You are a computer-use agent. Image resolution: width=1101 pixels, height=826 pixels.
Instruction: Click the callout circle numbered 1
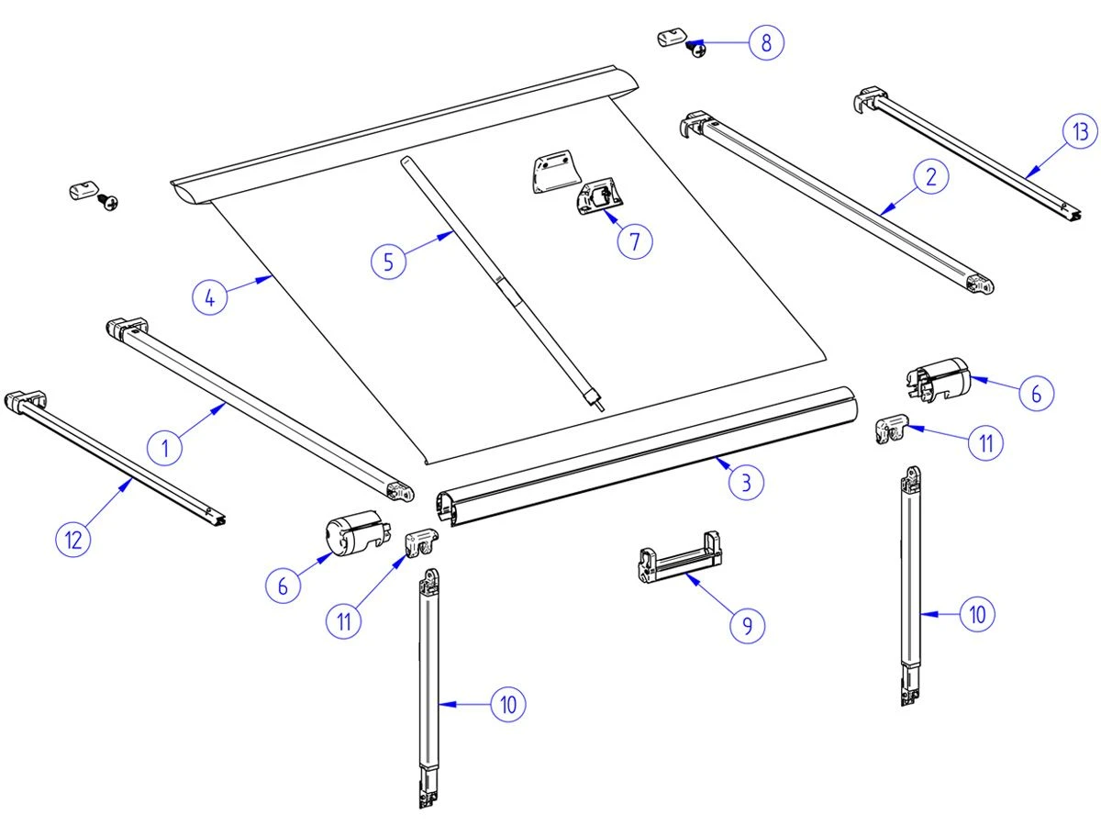166,448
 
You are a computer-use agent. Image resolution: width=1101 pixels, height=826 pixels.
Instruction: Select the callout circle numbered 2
930,178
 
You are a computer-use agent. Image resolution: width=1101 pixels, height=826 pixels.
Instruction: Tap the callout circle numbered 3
747,482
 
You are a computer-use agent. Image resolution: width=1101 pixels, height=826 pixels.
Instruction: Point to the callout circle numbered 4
211,298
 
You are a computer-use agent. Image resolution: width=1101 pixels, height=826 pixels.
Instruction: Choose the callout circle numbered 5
389,262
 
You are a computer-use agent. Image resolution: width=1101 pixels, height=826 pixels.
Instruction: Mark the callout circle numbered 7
634,240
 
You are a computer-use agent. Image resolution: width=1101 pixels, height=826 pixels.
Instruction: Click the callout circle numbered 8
766,43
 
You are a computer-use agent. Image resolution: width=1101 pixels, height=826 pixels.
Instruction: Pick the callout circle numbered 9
747,625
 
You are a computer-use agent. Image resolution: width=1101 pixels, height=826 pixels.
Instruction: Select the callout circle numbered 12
73,540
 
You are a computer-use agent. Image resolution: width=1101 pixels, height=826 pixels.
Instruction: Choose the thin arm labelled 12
119,459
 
